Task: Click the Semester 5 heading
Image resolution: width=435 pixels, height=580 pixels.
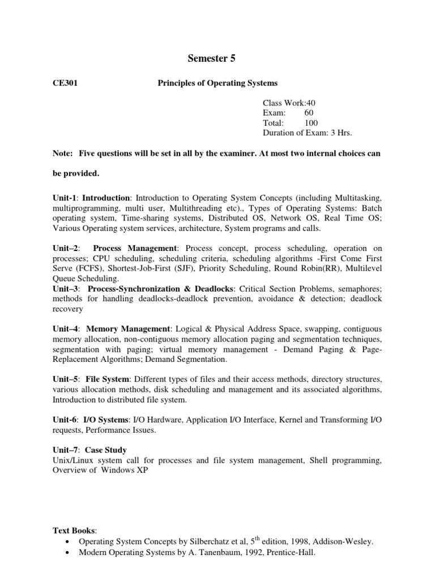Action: click(211, 58)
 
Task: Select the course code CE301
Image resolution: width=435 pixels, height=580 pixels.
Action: click(65, 83)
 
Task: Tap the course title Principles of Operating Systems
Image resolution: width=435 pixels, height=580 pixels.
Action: click(217, 83)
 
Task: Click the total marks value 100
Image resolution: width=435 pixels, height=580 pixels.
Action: click(311, 122)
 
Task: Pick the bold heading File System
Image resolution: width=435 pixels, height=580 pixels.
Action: click(109, 378)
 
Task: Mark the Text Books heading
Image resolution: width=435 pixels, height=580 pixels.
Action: click(74, 530)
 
